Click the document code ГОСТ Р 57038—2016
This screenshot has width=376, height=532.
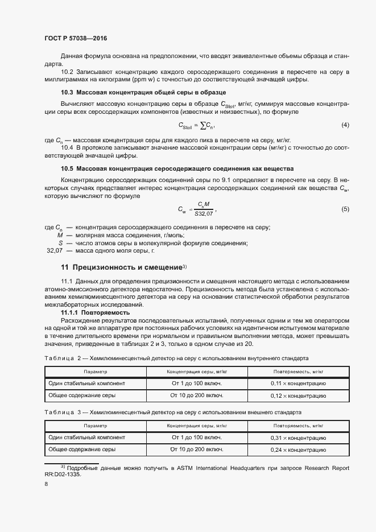click(76, 38)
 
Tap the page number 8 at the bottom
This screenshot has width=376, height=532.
click(46, 484)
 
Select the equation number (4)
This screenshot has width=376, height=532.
click(345, 125)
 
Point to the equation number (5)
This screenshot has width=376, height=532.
click(345, 209)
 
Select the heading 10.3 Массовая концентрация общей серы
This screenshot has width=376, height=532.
click(143, 92)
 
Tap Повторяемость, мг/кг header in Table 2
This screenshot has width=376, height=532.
click(298, 372)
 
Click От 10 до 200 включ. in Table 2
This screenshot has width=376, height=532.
click(197, 395)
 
